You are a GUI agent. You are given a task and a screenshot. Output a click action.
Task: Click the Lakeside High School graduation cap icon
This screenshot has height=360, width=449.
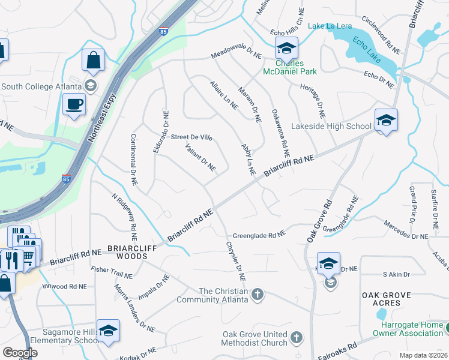[386, 120]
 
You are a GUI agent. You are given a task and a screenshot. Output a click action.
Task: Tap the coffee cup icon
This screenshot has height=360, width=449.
[74, 104]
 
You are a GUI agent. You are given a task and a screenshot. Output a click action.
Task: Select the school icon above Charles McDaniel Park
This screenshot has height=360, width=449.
[286, 47]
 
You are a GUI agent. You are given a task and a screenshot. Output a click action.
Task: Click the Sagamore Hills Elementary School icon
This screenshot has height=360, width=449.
[108, 330]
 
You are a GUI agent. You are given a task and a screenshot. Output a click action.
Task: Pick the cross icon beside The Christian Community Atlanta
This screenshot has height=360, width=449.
[258, 294]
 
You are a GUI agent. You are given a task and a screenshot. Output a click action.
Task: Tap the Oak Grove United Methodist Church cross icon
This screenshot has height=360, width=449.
[296, 338]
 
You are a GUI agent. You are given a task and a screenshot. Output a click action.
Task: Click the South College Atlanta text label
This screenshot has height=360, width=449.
[42, 86]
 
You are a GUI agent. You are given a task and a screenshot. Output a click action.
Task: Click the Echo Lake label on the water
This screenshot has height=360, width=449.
[368, 48]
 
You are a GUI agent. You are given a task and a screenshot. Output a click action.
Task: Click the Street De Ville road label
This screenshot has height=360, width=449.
[191, 137]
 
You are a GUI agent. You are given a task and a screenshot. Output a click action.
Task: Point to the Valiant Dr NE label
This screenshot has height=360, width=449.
[200, 157]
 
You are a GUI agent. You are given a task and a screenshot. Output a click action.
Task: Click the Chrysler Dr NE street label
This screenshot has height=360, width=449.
[236, 262]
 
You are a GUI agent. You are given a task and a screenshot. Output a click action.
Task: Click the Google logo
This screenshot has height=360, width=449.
[20, 353]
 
